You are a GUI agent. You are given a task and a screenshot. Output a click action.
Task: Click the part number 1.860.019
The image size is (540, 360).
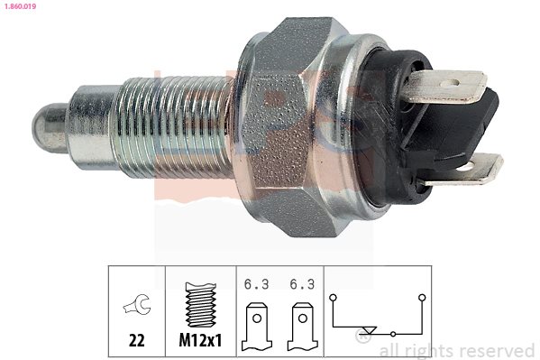tap(21, 5)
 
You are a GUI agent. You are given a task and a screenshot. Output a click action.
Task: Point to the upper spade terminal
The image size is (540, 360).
tap(444, 86)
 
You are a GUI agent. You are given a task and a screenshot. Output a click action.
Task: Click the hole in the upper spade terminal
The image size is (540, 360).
tap(450, 83)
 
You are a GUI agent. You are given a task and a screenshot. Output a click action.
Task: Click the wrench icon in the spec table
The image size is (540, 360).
tap(137, 305)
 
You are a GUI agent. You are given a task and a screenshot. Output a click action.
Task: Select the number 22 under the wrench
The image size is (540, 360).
tap(137, 341)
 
